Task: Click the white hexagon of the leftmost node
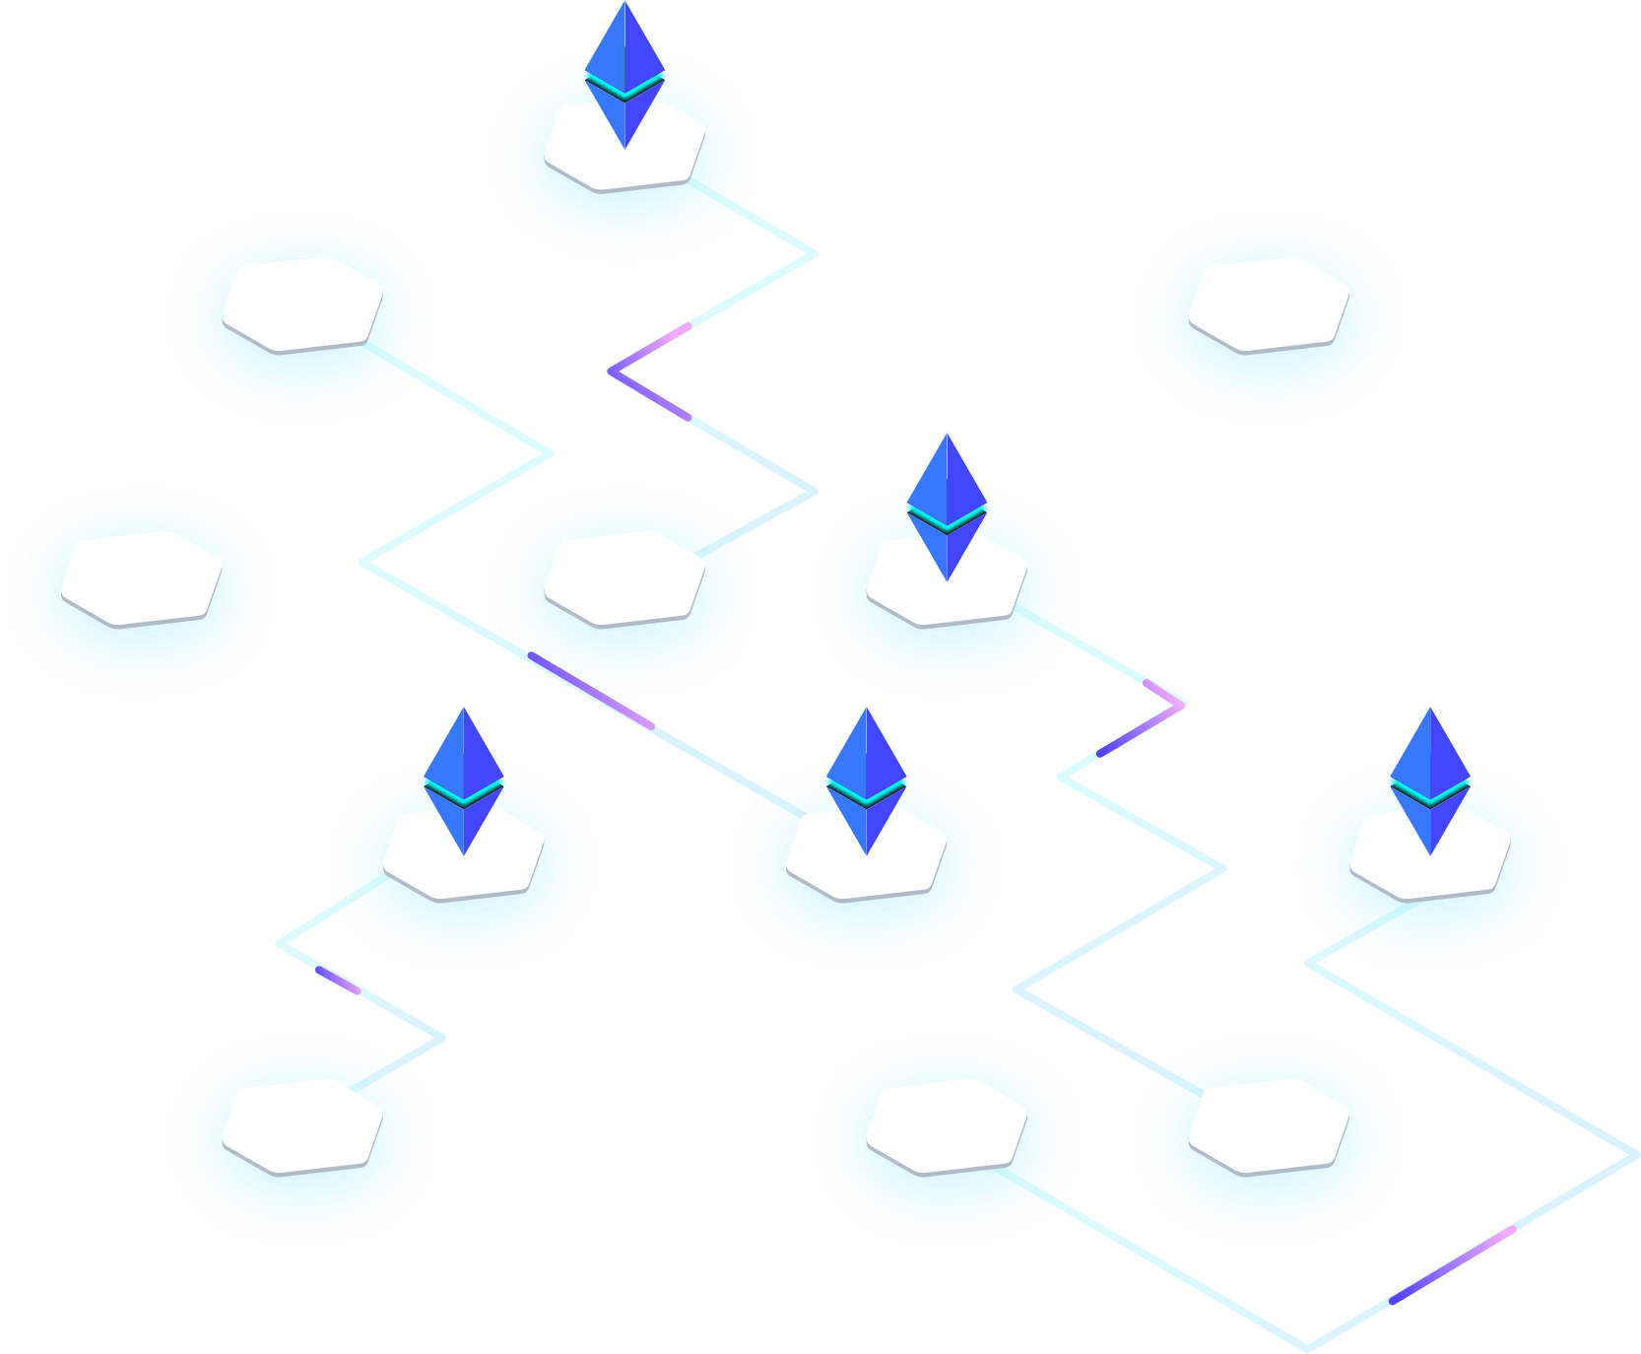[x=142, y=577]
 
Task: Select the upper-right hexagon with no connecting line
[x=1269, y=304]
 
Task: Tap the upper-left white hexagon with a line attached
[x=302, y=304]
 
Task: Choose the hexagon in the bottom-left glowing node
[x=302, y=1125]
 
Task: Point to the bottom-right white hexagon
[x=1269, y=1125]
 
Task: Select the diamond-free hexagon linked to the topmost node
[x=624, y=577]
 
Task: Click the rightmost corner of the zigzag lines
[x=1635, y=1155]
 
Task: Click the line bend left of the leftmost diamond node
[x=280, y=943]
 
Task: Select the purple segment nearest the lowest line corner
[x=1448, y=1266]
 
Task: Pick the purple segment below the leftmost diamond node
[x=338, y=979]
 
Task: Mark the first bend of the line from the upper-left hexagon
[x=552, y=453]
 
